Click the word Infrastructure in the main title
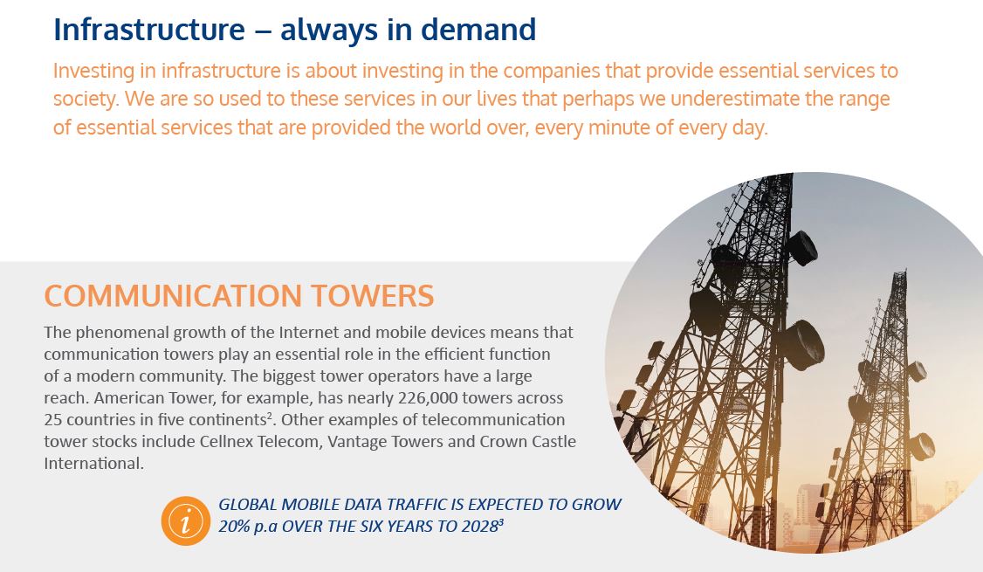pyautogui.click(x=149, y=30)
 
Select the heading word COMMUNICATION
pyautogui.click(x=173, y=296)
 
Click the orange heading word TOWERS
pyautogui.click(x=373, y=296)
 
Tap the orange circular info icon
pyautogui.click(x=186, y=520)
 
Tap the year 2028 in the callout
pyautogui.click(x=479, y=527)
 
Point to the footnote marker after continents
pyautogui.click(x=269, y=415)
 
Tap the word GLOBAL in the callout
pyautogui.click(x=248, y=504)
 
